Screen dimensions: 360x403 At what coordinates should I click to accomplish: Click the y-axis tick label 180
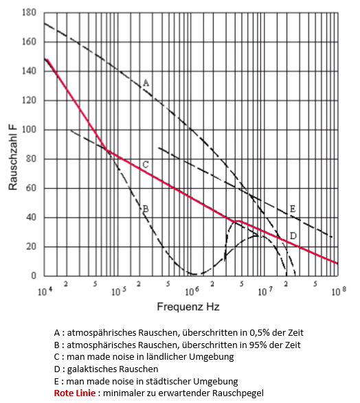[x=29, y=12]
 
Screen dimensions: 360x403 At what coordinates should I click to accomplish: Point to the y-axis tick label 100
[x=29, y=130]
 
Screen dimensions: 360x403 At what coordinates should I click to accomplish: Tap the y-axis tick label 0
[x=34, y=276]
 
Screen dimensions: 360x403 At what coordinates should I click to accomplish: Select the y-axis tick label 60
[x=31, y=188]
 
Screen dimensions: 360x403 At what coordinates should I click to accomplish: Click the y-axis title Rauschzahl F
[x=13, y=157]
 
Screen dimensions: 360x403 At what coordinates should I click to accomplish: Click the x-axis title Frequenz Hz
[x=188, y=307]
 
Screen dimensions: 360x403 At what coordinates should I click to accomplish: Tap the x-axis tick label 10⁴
[x=45, y=291]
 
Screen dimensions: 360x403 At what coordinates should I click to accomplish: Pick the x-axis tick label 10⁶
[x=192, y=291]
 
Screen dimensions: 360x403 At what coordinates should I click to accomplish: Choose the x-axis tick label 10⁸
[x=339, y=291]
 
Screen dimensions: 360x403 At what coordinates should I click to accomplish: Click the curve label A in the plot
[x=146, y=83]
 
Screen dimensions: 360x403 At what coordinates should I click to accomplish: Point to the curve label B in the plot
[x=146, y=209]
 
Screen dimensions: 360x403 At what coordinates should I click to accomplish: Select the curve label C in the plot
[x=146, y=165]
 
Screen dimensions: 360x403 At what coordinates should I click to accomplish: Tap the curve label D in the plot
[x=293, y=235]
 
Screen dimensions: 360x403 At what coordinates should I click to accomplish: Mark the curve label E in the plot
[x=293, y=209]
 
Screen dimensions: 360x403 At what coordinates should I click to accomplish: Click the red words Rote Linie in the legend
[x=75, y=393]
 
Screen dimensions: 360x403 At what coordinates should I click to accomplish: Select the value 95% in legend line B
[x=258, y=345]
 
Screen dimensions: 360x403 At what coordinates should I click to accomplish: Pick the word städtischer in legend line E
[x=171, y=381]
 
